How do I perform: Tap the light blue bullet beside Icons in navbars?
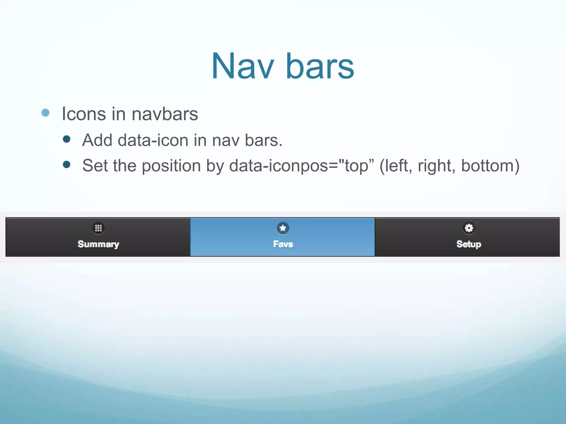[45, 113]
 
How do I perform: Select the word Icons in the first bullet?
[84, 114]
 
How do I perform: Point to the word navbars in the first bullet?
[165, 114]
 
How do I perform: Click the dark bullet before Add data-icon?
[67, 139]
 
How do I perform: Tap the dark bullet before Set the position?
[67, 165]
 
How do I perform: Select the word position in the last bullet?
[171, 166]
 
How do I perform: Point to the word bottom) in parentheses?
[490, 166]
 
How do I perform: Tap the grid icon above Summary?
[98, 228]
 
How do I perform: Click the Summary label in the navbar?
[98, 244]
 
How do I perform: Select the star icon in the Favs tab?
[283, 228]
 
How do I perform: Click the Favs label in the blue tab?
[283, 244]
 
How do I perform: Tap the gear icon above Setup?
[469, 228]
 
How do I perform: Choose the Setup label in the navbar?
[469, 244]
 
